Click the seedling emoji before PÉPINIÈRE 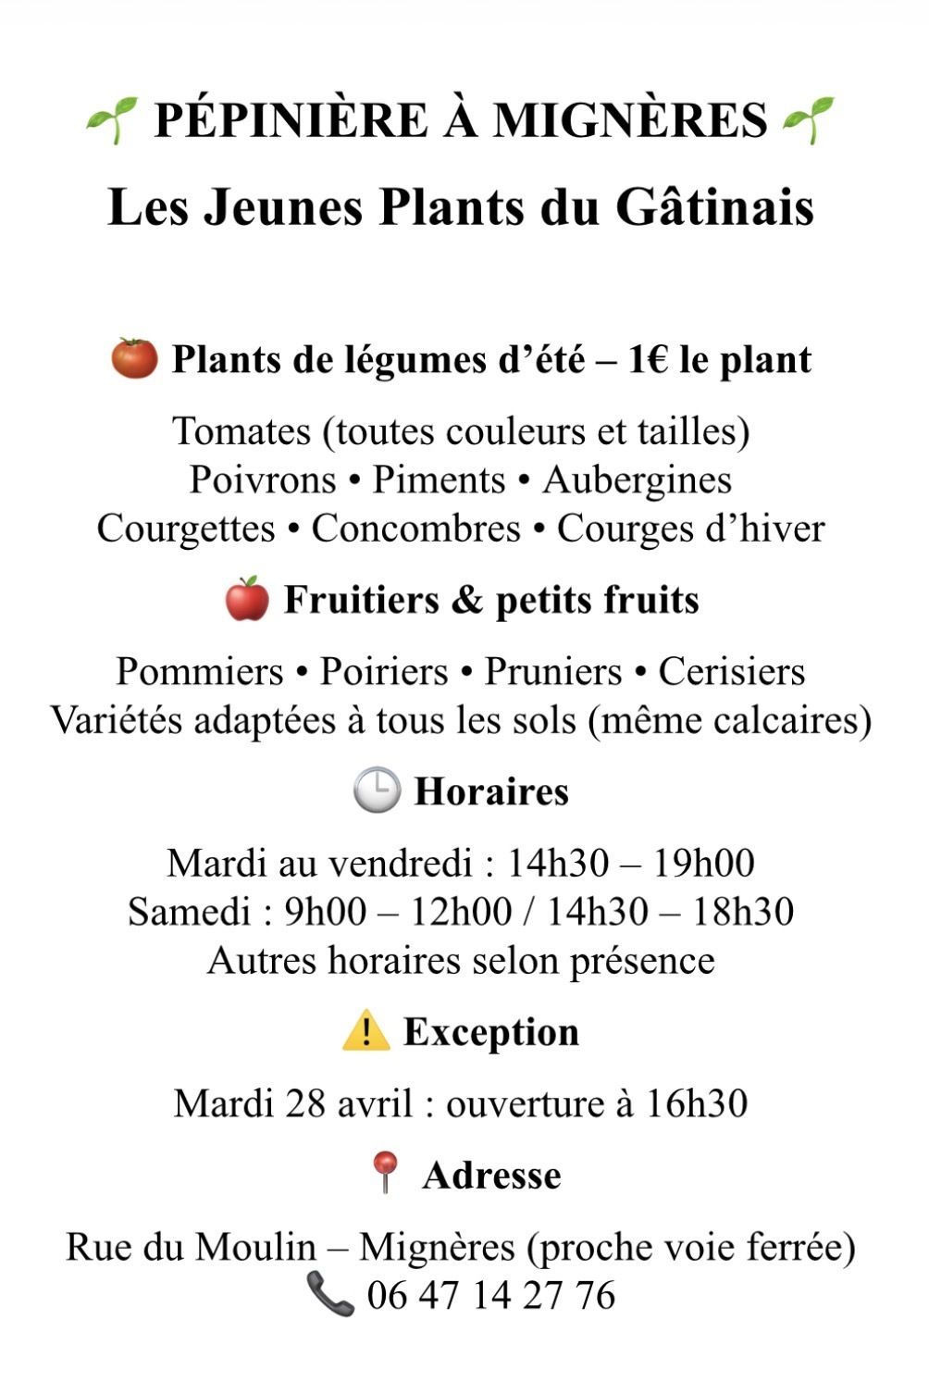click(112, 120)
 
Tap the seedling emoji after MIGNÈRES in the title click(808, 120)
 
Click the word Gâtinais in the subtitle click(714, 207)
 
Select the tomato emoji click(135, 358)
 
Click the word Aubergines click(637, 479)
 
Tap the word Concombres click(415, 529)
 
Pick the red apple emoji click(247, 599)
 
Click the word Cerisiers click(731, 671)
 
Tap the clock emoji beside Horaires click(377, 791)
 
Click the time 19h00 click(703, 863)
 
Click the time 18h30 click(743, 911)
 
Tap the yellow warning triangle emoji click(365, 1030)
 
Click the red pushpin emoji click(384, 1174)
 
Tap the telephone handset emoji click(330, 1294)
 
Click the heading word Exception click(491, 1031)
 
